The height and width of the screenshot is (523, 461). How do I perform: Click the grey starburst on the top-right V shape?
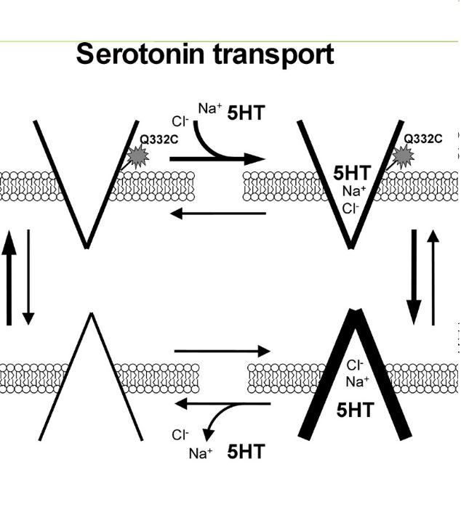405,155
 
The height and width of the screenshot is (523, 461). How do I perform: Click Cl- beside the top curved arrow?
180,121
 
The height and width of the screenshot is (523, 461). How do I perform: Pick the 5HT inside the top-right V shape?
351,173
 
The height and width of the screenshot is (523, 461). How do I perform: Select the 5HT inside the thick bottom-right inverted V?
355,410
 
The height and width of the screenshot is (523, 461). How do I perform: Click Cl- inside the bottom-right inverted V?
356,365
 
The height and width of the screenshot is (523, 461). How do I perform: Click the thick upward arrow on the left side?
8,280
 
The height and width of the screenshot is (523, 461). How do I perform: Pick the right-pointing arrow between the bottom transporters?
222,351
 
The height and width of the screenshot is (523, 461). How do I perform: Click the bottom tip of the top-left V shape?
87,246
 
